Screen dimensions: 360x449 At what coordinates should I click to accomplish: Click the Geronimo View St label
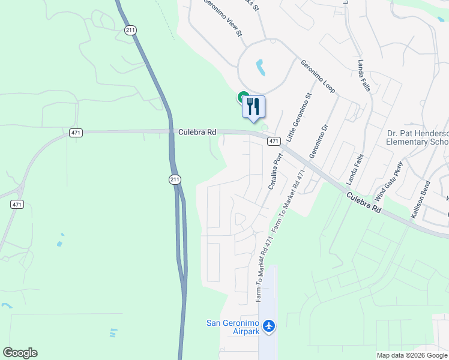[223, 18]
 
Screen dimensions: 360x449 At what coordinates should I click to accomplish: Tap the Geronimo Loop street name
[318, 76]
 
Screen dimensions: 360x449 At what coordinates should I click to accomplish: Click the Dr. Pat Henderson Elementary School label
[418, 138]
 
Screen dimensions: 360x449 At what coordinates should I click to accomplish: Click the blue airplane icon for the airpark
[269, 325]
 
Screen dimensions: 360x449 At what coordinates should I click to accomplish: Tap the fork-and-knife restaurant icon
[253, 106]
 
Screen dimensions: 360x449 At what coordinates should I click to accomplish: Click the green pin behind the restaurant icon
[243, 96]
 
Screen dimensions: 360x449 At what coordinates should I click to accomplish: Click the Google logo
[20, 353]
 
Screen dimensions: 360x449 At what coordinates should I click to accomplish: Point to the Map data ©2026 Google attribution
[412, 355]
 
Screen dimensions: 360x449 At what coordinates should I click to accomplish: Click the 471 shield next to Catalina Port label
[273, 141]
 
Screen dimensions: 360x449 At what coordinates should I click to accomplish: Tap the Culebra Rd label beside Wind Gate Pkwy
[364, 201]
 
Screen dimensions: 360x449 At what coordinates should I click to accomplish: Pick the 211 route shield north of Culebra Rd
[130, 29]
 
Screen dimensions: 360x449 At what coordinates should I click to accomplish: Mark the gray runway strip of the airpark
[268, 300]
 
